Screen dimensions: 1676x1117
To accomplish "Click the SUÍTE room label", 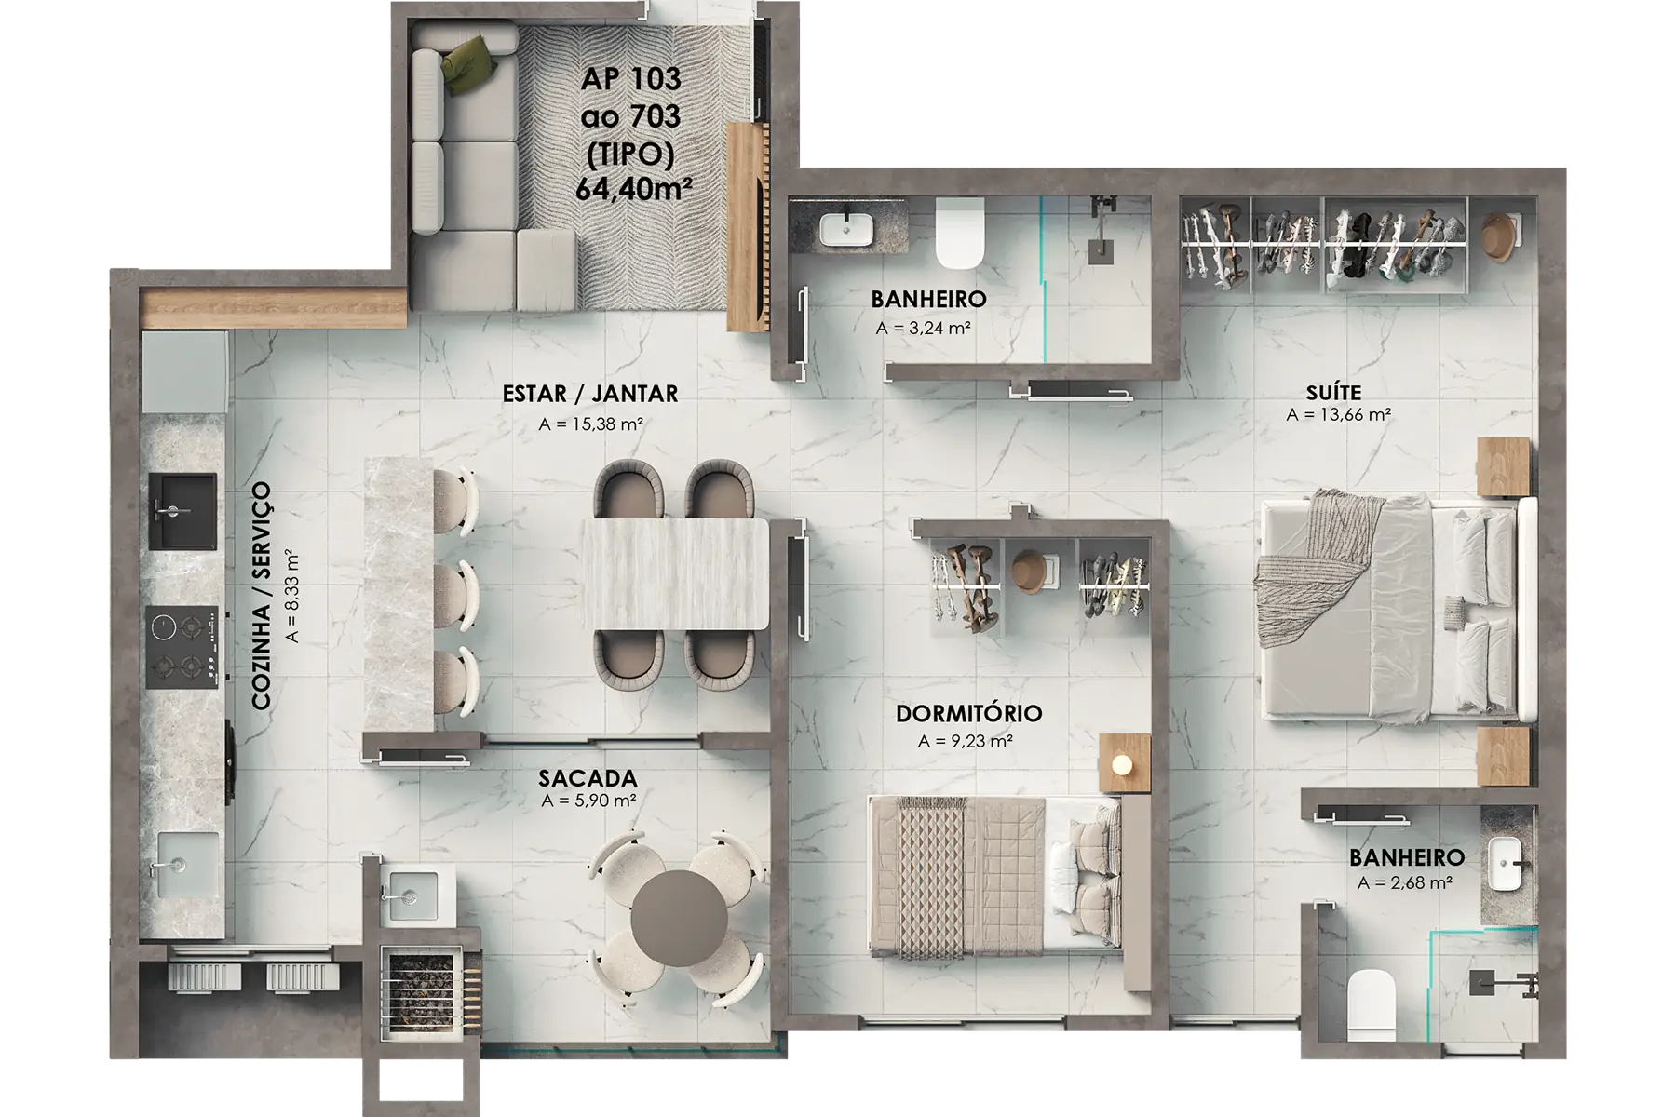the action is click(x=1333, y=393).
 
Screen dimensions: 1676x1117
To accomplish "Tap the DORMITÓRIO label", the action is click(x=968, y=714).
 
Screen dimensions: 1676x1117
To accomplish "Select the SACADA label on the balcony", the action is click(x=588, y=778).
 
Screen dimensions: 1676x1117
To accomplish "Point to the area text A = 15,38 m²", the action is click(x=591, y=424).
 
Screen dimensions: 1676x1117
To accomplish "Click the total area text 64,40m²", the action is click(x=633, y=189).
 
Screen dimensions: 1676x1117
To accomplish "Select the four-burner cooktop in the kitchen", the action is click(x=182, y=647).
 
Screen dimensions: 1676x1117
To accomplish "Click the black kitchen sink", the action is click(x=182, y=511).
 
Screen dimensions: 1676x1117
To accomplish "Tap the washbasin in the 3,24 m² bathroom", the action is click(x=846, y=229).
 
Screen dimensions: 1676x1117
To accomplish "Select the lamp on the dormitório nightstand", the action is click(x=1123, y=764).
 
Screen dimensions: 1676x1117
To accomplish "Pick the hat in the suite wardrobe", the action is click(x=1498, y=236).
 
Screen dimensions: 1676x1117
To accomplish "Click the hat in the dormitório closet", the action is click(x=1029, y=571).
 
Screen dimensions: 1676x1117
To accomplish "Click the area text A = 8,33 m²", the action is click(x=293, y=597).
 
